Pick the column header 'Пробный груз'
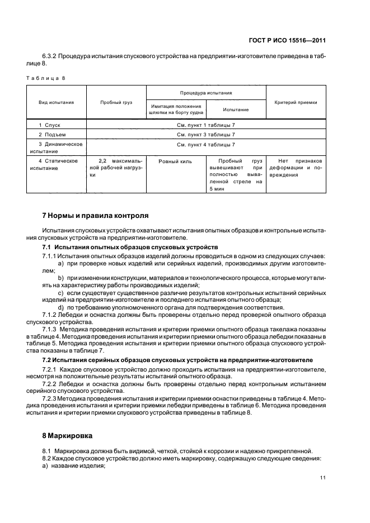point(116,102)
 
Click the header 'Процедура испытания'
point(206,93)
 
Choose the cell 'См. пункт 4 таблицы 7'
point(206,144)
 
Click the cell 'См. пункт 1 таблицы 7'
point(206,125)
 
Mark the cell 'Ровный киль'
point(175,161)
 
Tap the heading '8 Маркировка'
point(68,434)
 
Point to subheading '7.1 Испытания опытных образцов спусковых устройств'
point(131,247)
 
